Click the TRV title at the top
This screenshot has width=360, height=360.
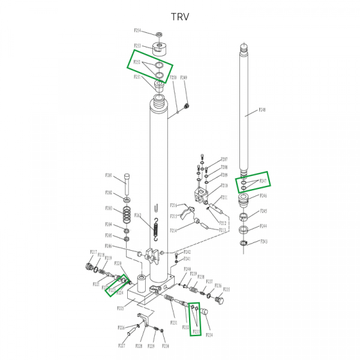click(x=179, y=16)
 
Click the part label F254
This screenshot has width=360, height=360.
click(x=137, y=31)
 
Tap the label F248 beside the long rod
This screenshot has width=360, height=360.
click(x=262, y=110)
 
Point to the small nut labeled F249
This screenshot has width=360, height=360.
click(x=187, y=106)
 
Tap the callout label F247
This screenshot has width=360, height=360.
click(x=262, y=181)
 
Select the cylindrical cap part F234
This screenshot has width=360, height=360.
click(x=204, y=311)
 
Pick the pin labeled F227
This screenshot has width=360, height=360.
click(x=121, y=346)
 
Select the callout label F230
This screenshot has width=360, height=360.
click(x=166, y=346)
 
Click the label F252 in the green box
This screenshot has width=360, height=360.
click(x=137, y=62)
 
